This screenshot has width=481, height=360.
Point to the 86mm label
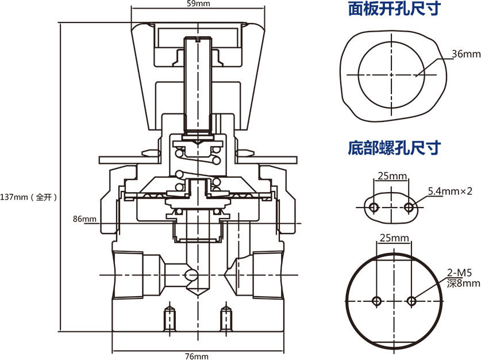click(84, 219)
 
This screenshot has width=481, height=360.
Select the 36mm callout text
click(465, 54)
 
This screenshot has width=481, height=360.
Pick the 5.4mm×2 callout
click(451, 191)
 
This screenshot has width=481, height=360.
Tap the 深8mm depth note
click(464, 283)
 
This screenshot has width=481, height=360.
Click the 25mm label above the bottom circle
click(394, 238)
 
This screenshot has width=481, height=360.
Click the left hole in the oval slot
click(374, 206)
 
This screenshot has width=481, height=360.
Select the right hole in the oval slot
click(409, 206)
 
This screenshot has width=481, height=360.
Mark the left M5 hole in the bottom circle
click(377, 301)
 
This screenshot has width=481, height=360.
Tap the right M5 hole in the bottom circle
click(411, 301)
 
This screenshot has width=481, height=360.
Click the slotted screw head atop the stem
click(199, 41)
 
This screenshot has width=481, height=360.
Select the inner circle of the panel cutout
click(391, 75)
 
